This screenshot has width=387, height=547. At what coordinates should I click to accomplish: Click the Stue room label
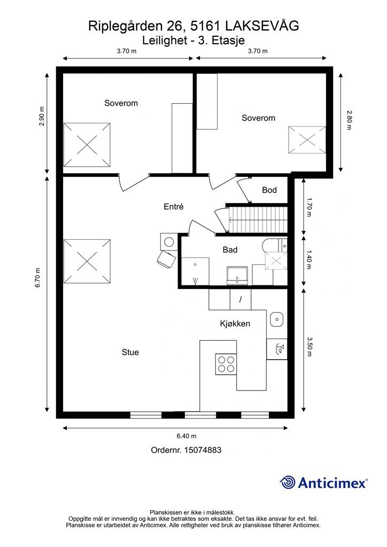(130, 353)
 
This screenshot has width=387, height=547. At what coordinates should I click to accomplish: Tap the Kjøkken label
(235, 324)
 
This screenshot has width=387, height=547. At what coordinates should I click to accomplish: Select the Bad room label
(230, 250)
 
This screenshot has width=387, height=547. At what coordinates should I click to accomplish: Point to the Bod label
(269, 190)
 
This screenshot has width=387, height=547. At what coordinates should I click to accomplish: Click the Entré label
(173, 207)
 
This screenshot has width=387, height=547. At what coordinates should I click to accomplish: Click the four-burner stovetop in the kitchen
(226, 364)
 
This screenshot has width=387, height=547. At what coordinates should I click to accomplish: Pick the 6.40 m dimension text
(187, 436)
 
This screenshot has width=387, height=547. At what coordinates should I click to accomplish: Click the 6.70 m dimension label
(38, 278)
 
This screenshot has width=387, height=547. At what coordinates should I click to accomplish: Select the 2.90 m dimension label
(42, 116)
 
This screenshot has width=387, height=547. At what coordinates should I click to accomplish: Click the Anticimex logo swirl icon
(288, 482)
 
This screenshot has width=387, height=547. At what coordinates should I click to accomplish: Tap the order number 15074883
(203, 450)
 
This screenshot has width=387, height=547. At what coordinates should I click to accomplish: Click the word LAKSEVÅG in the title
(262, 26)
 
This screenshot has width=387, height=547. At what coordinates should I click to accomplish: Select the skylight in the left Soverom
(87, 145)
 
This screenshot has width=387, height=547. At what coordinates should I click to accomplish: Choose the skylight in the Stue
(87, 261)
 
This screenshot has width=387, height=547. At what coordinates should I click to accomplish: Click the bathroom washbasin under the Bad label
(237, 276)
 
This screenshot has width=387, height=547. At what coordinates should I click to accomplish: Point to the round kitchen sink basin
(277, 319)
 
